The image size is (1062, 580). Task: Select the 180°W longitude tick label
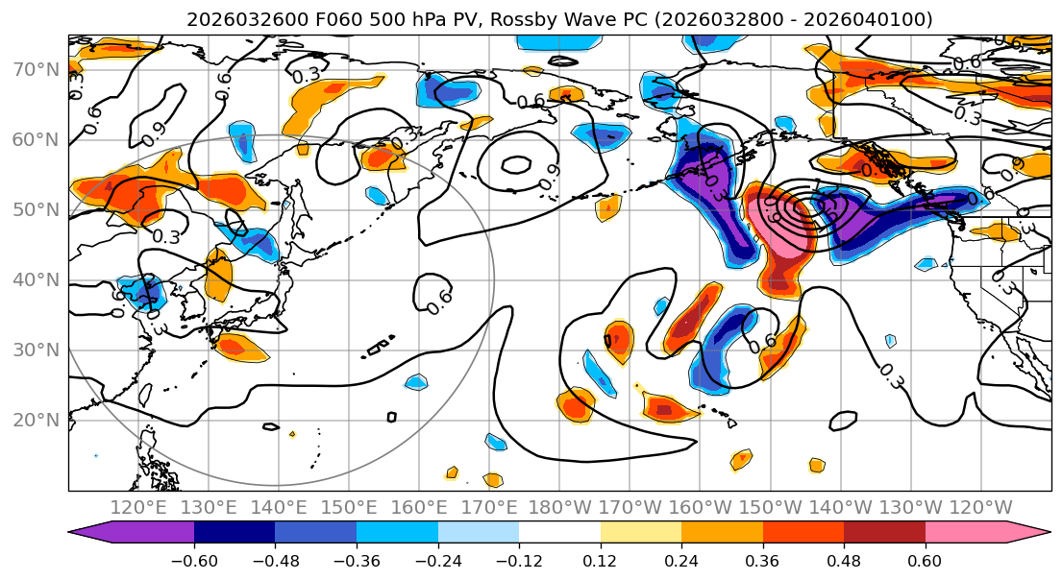[560, 507]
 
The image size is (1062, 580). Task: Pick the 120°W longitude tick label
[981, 507]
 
